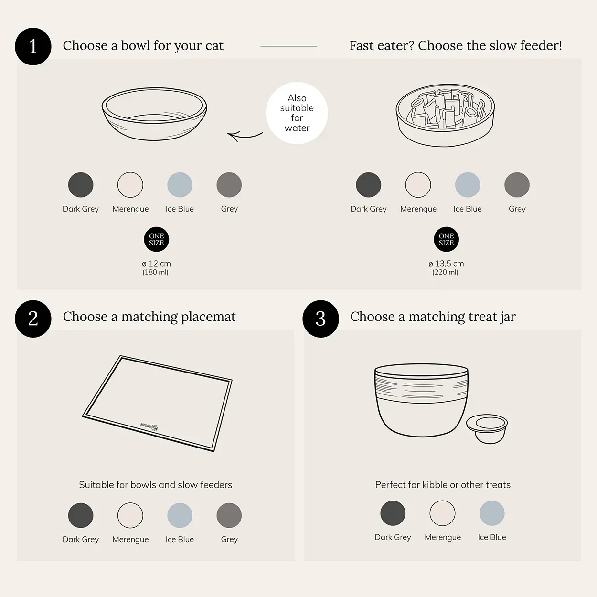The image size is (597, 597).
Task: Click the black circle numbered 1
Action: pyautogui.click(x=33, y=46)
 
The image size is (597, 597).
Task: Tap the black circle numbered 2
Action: pyautogui.click(x=33, y=319)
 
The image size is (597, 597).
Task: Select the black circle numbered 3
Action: pyautogui.click(x=320, y=319)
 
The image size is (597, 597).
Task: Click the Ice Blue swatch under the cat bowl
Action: pyautogui.click(x=180, y=185)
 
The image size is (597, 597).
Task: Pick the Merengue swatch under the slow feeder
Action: pyautogui.click(x=418, y=185)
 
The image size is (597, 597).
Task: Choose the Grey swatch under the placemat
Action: pyautogui.click(x=229, y=515)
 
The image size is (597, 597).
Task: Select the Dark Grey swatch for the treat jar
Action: pyautogui.click(x=393, y=513)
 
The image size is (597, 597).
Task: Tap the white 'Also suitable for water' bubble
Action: pyautogui.click(x=297, y=113)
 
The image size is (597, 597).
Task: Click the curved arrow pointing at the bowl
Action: pyautogui.click(x=244, y=136)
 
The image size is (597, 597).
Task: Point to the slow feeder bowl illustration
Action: pyautogui.click(x=445, y=115)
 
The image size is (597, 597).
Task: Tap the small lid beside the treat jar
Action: pyautogui.click(x=487, y=429)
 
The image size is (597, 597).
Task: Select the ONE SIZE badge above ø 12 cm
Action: pyautogui.click(x=157, y=239)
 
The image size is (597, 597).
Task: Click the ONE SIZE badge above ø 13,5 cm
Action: pyautogui.click(x=446, y=239)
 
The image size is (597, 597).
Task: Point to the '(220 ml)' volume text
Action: pyautogui.click(x=445, y=272)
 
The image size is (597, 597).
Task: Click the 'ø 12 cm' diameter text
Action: pyautogui.click(x=156, y=264)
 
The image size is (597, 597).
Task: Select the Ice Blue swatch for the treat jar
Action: pyautogui.click(x=492, y=513)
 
